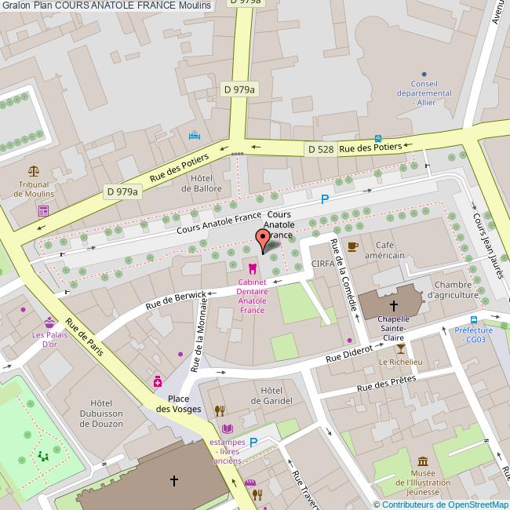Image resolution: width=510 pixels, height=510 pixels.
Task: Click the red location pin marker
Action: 263,239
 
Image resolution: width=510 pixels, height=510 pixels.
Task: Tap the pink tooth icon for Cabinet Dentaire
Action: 252,268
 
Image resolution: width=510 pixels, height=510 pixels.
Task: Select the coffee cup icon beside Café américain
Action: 352,246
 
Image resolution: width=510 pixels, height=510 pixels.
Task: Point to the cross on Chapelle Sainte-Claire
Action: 393,305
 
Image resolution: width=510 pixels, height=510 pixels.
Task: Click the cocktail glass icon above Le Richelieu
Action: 402,349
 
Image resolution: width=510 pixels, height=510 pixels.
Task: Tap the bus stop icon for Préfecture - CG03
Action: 474,319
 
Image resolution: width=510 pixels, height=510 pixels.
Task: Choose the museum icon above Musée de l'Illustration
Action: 423,461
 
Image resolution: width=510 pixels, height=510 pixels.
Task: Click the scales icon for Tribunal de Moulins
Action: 34,170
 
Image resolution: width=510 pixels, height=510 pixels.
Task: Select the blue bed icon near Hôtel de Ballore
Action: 195,135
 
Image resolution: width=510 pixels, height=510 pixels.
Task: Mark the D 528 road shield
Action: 321,149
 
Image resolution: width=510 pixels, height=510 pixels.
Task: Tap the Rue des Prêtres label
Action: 385,384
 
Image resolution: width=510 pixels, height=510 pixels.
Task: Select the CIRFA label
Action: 323,264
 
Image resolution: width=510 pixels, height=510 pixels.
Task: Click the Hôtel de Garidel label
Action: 271,395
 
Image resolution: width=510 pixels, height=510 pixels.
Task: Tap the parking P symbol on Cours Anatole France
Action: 324,200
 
